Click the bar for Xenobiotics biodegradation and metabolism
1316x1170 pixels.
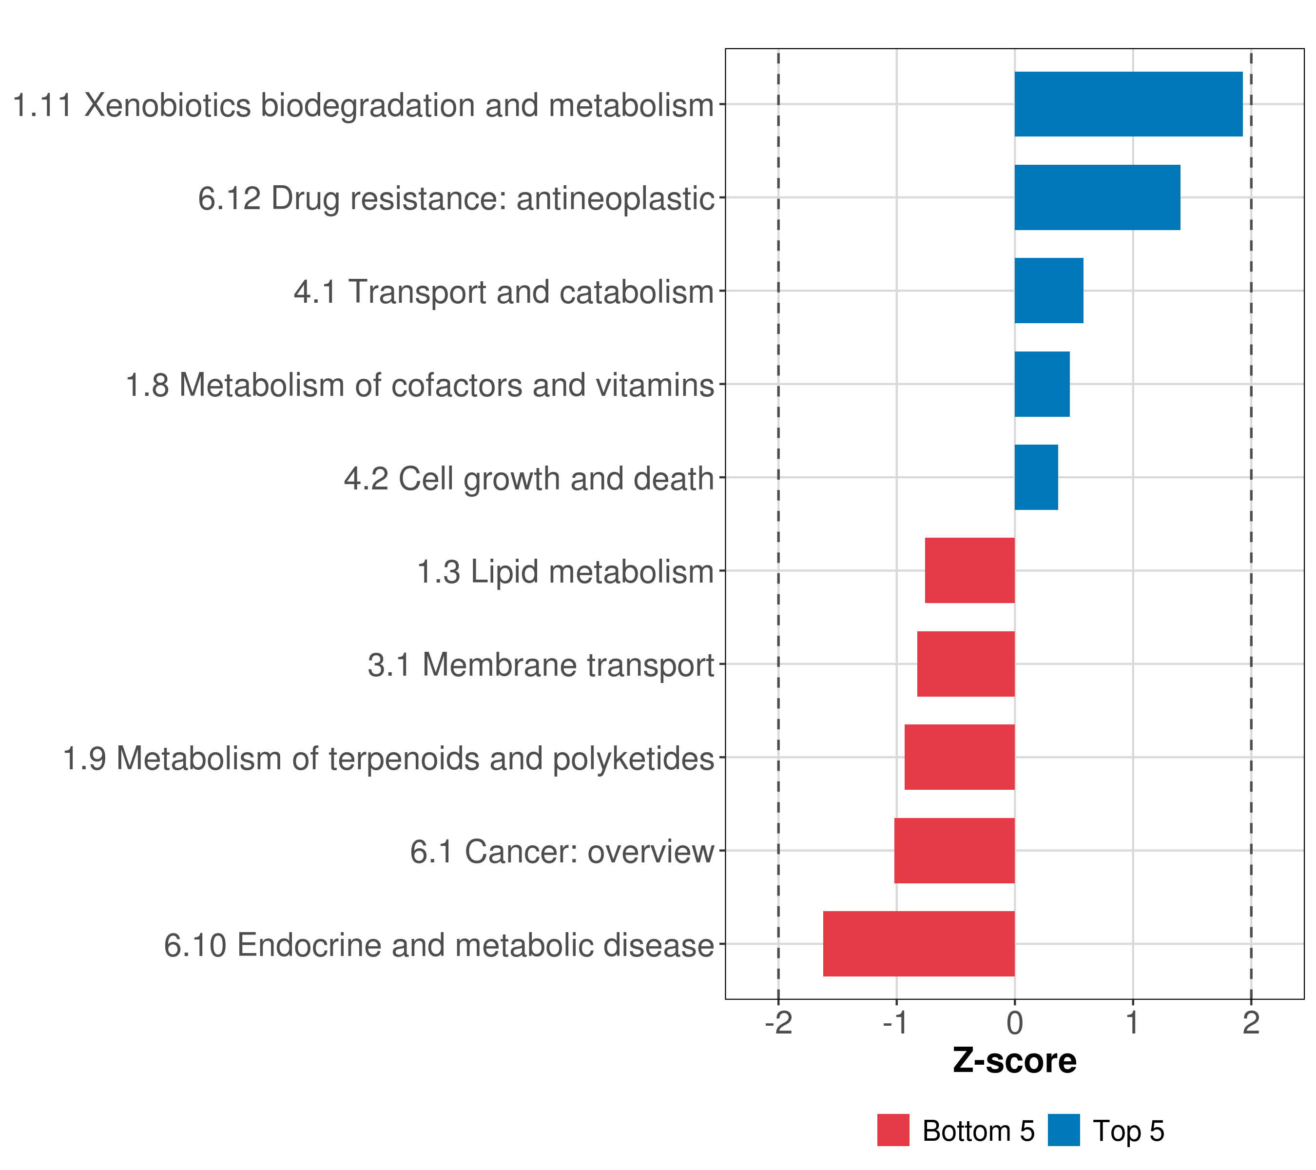pos(1128,104)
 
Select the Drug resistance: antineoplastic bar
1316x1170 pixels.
pos(1097,198)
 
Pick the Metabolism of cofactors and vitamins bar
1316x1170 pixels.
pos(1042,385)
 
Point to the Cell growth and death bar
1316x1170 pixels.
pos(1036,477)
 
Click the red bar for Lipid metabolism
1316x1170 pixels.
pos(969,570)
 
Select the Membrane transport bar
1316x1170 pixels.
pos(966,664)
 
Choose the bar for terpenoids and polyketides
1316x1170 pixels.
pos(959,757)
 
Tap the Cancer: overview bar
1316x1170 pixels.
pos(954,851)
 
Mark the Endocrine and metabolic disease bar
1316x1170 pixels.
pos(919,944)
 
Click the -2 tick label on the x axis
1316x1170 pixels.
pos(778,1023)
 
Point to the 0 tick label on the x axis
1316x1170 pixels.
pos(1015,1023)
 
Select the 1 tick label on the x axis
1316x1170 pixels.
pos(1133,1023)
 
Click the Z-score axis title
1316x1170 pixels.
pos(1015,1062)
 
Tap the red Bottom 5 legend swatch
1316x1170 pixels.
pos(893,1131)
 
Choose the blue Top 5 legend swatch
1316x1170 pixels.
pos(1064,1131)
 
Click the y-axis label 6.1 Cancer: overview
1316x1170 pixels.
pos(561,852)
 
